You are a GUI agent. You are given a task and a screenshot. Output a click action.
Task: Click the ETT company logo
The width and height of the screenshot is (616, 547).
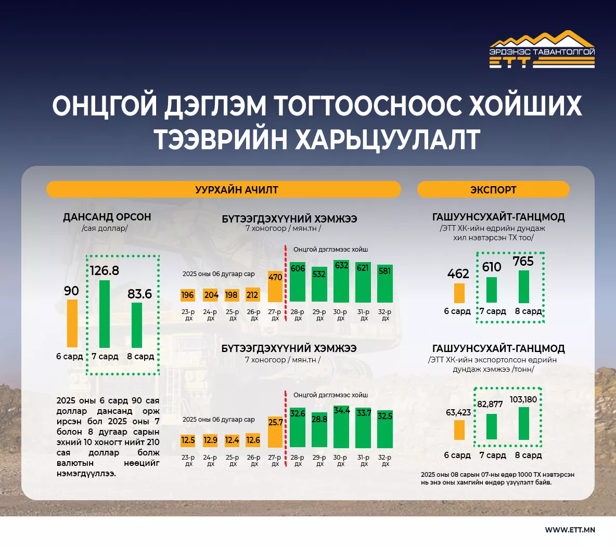[542, 50]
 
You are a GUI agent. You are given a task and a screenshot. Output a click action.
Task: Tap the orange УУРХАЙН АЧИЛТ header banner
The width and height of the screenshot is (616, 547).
[224, 189]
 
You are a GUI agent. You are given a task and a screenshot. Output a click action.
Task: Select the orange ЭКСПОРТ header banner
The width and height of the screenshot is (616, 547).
[493, 189]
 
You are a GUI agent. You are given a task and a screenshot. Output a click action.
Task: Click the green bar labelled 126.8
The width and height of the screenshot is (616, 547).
[105, 314]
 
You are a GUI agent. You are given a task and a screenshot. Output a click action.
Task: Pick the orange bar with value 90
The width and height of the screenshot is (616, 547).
[72, 323]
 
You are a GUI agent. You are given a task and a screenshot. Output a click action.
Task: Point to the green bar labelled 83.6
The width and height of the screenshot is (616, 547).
[137, 325]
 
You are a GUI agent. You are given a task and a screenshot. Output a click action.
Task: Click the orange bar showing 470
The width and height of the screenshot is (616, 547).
[275, 286]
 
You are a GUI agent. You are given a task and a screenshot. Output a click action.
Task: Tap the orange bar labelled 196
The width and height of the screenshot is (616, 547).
[187, 295]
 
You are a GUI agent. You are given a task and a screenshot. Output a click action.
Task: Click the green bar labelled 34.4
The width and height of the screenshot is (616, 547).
[341, 427]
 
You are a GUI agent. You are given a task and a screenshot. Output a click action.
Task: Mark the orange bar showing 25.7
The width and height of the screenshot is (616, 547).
[275, 432]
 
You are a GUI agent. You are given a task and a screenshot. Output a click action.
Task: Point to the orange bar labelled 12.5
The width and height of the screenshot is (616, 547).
[187, 440]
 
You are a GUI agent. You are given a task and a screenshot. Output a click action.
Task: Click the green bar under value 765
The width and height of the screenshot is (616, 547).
[524, 287]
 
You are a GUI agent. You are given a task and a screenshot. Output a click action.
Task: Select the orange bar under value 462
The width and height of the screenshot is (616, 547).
[459, 293]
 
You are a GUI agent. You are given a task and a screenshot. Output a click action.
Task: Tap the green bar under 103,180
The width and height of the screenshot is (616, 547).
[524, 424]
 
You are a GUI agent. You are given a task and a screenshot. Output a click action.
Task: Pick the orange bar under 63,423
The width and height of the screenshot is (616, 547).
[459, 430]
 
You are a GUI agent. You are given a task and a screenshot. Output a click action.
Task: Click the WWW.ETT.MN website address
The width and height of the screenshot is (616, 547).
[570, 530]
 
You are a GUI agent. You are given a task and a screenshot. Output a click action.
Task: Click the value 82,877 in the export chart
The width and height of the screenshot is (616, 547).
[490, 404]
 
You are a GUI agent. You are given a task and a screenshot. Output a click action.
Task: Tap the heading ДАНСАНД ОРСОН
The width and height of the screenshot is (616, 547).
[107, 217]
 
